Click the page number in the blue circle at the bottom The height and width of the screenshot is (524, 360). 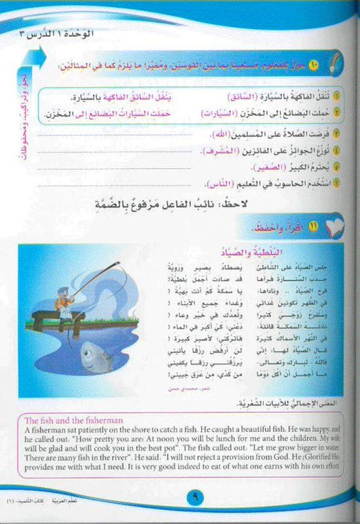coord(179,495)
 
